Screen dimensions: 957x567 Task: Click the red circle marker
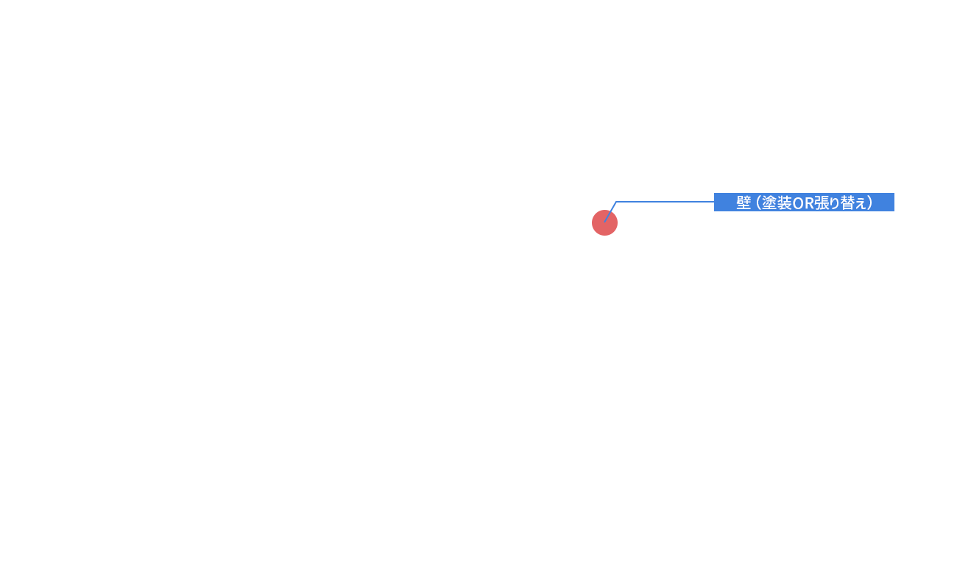[604, 222]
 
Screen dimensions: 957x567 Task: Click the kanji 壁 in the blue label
[744, 202]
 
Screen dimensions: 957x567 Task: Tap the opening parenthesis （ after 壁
[758, 202]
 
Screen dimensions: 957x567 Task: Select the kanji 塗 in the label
[769, 202]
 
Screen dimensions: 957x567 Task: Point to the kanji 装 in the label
[785, 202]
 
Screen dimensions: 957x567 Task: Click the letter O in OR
[798, 203]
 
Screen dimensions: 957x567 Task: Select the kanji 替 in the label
[847, 202]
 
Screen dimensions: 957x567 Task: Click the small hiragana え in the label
[861, 204]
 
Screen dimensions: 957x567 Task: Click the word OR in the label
[803, 203]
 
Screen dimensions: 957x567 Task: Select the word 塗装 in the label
[777, 202]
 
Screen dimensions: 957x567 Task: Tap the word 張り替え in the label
[840, 202]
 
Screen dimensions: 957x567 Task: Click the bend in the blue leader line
[616, 202]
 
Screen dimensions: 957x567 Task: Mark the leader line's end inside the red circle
[604, 222]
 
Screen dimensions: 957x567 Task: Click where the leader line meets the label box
[714, 202]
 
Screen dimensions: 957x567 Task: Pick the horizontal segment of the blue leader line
[665, 202]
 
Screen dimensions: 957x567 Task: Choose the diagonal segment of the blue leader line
[610, 212]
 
